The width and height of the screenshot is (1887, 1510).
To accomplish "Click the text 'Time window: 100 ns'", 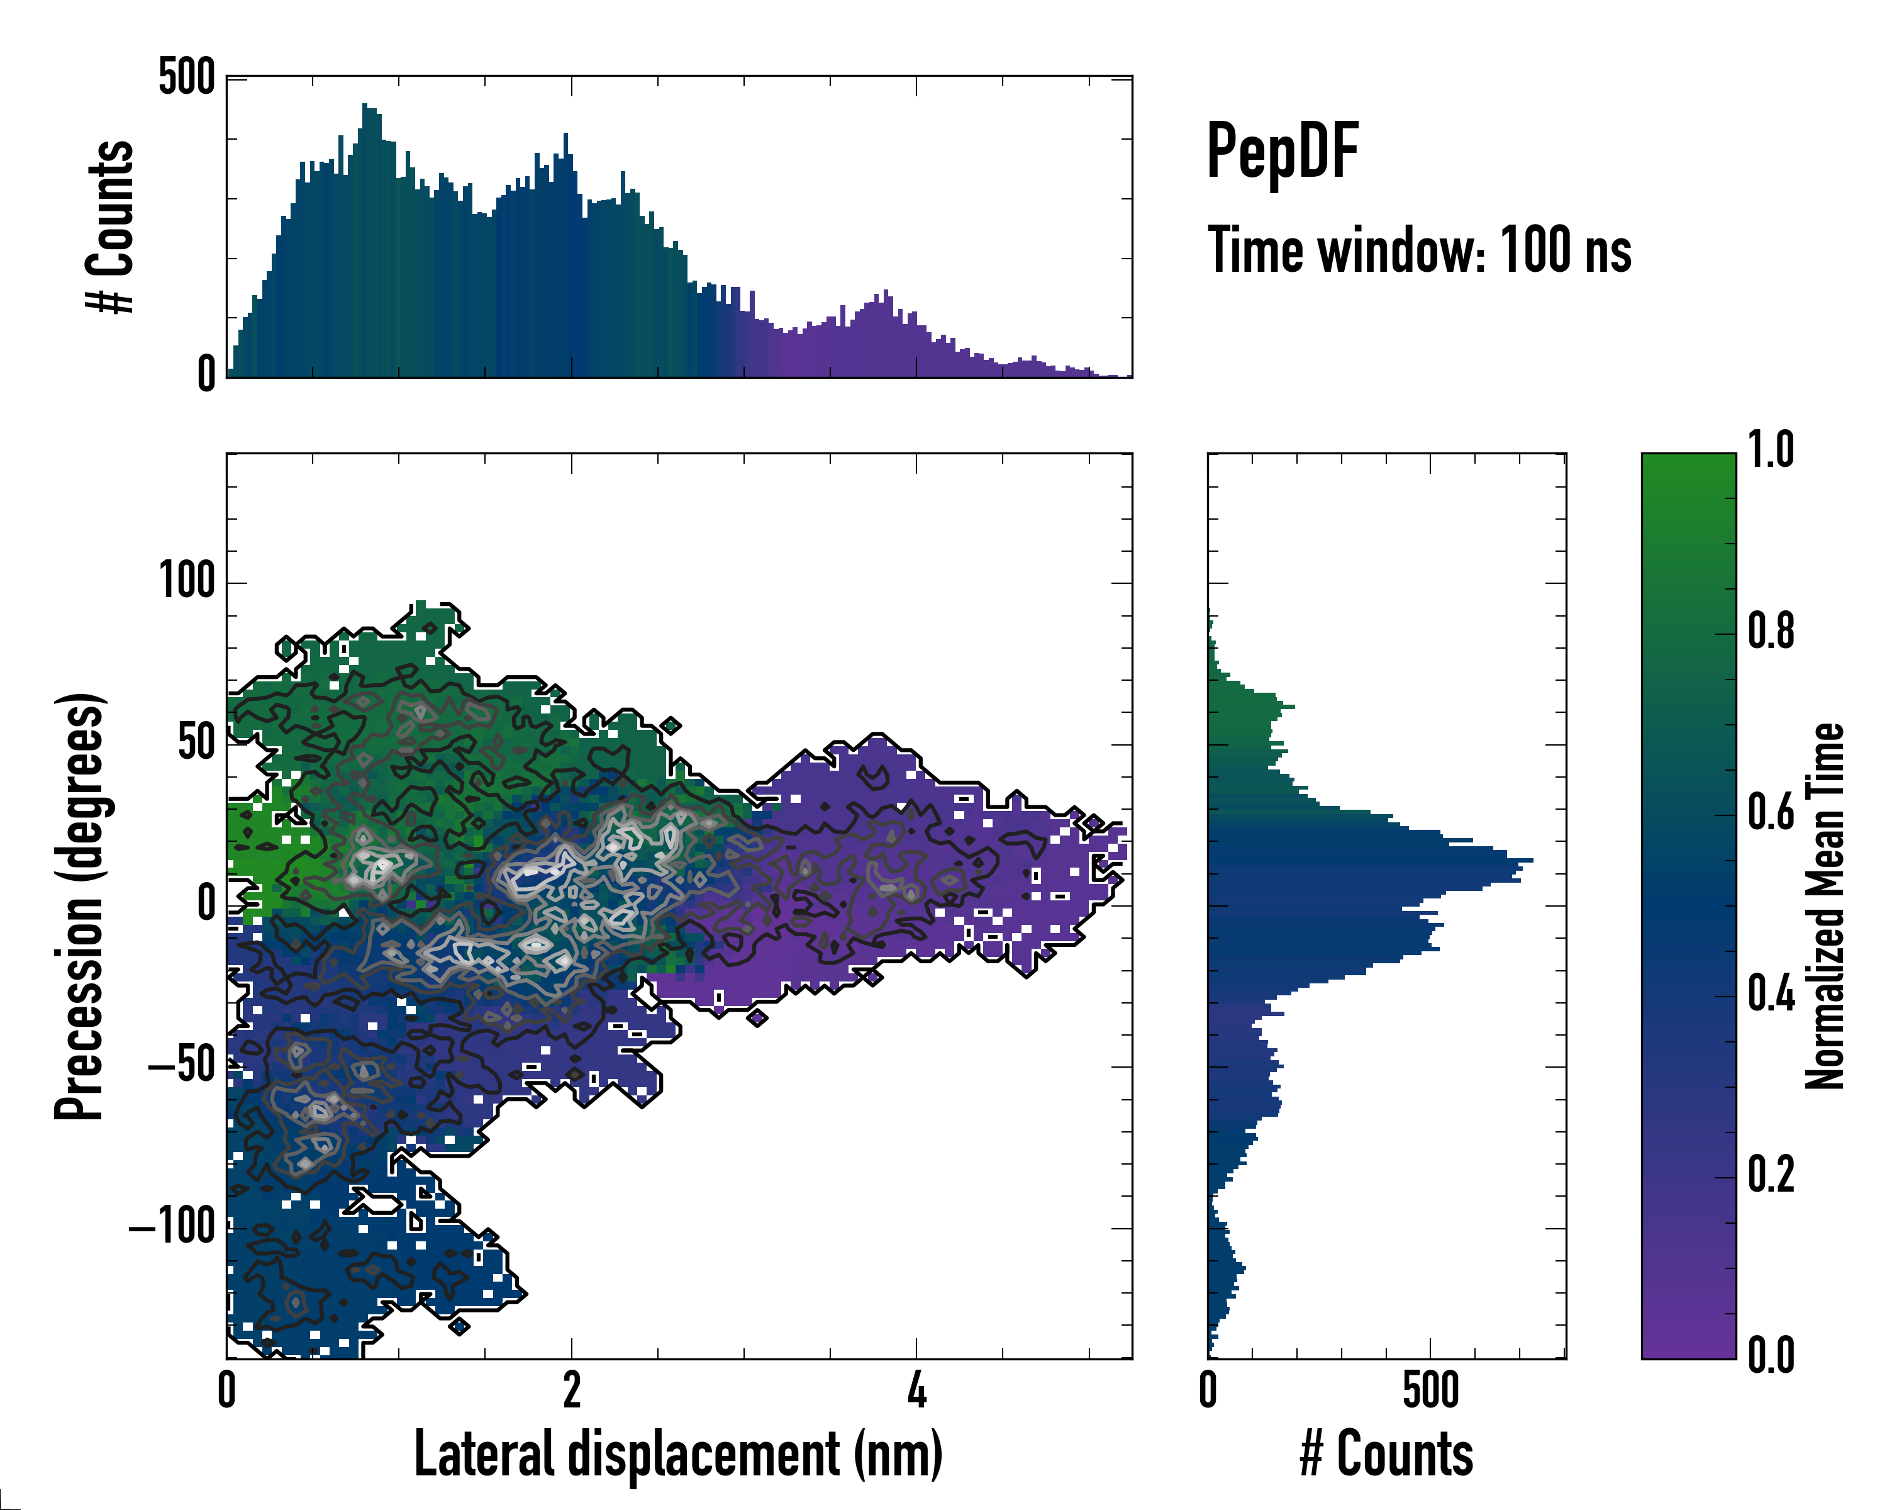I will pos(1419,250).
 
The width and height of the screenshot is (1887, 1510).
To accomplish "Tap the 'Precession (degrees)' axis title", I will pos(80,906).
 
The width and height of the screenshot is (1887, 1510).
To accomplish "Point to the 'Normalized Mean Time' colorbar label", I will pos(1825,906).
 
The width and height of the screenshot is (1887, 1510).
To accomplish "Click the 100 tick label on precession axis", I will pos(186,581).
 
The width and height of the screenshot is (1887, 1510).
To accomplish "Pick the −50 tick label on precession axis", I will pos(181,1066).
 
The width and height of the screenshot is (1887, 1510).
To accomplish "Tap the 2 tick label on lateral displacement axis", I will pos(572,1390).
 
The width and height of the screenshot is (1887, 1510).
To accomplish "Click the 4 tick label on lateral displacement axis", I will pos(916,1390).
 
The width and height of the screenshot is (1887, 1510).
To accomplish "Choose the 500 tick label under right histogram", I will pos(1430,1390).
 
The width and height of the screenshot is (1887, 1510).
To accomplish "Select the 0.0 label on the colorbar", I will pos(1771,1355).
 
